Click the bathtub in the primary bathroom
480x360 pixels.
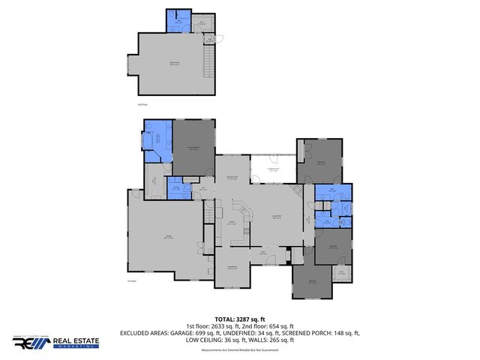pyautogui.click(x=147, y=142)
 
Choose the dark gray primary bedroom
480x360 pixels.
pyautogui.click(x=194, y=148)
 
